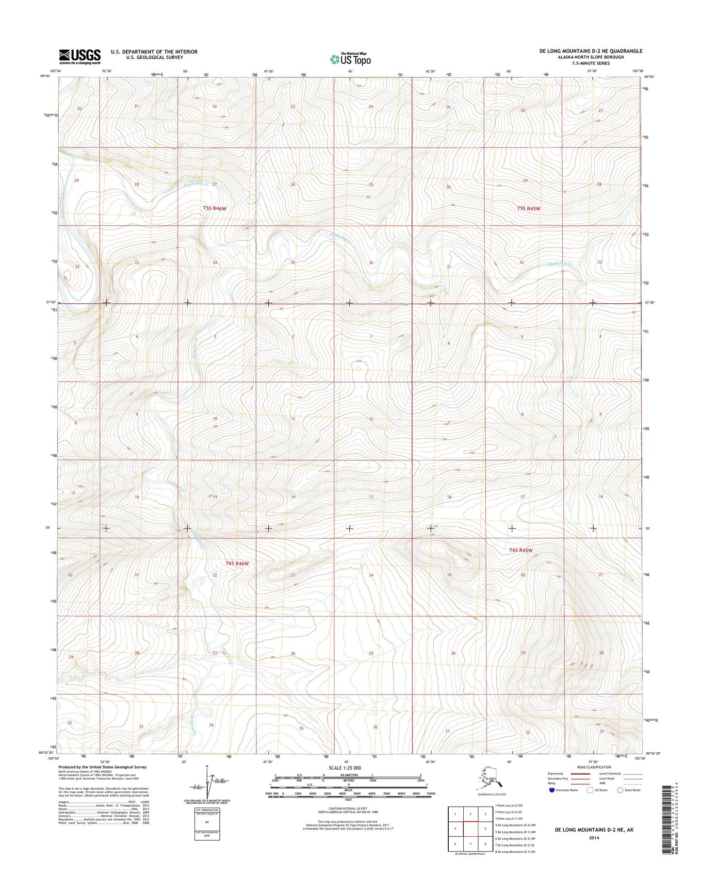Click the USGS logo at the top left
pyautogui.click(x=80, y=56)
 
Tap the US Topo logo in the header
pyautogui.click(x=350, y=59)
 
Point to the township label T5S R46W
pyautogui.click(x=215, y=209)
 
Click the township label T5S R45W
pyautogui.click(x=528, y=209)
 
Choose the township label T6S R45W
pyautogui.click(x=521, y=551)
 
